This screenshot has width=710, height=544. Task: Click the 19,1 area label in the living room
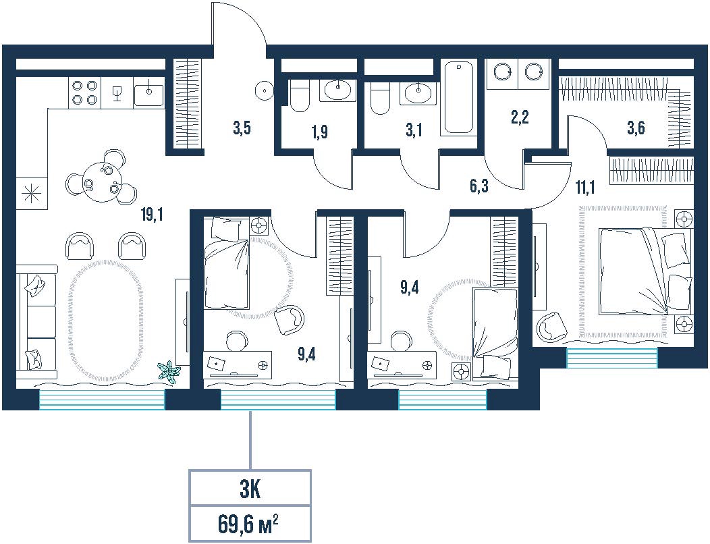tap(152, 215)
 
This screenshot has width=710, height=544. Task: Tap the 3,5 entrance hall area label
tap(242, 129)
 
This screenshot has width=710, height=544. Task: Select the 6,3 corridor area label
tap(479, 186)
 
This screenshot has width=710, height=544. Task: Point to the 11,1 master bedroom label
tap(585, 186)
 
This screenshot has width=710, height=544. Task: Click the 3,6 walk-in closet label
tap(636, 128)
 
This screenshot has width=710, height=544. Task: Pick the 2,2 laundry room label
tap(520, 117)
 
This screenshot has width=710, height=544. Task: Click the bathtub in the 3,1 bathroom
tap(459, 97)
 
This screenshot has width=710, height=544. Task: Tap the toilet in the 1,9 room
tap(298, 95)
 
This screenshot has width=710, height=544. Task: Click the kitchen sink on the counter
tap(149, 92)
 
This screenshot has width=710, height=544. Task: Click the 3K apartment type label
tap(250, 491)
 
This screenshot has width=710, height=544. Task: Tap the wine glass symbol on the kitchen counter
tap(117, 93)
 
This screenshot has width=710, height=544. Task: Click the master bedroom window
tap(611, 358)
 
